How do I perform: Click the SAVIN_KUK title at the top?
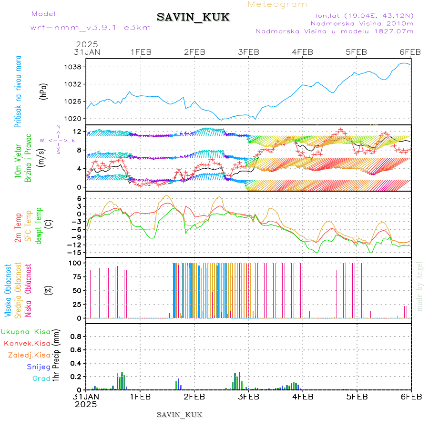193,18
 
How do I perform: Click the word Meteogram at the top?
278,4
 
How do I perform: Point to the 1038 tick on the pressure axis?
74,67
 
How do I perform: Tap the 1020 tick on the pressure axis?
74,118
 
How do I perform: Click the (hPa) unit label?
44,91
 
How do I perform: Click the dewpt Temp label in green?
39,226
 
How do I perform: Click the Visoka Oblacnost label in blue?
8,291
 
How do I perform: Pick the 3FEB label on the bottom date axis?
248,396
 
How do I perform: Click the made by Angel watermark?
420,286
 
